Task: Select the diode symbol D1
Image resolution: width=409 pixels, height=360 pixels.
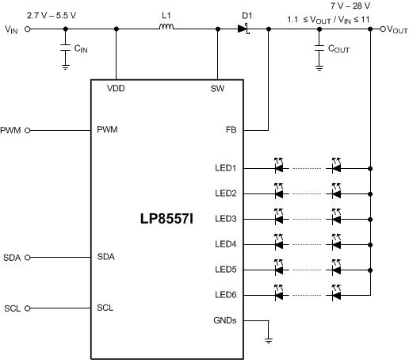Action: coord(243,29)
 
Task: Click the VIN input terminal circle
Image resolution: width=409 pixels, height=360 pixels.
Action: coord(29,29)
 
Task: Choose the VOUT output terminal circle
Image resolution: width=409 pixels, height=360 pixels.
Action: coord(383,29)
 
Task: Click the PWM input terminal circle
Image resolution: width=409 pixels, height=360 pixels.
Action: coord(29,130)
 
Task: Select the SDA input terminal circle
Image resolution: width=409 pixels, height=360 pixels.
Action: coord(29,257)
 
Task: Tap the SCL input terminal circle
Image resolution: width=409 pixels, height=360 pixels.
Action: coord(29,308)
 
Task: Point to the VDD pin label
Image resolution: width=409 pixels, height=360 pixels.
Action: coord(116,88)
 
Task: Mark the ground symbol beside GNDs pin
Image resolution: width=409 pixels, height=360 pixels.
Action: coord(269,338)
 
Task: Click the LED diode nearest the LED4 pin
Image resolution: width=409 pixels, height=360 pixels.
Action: coord(278,244)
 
